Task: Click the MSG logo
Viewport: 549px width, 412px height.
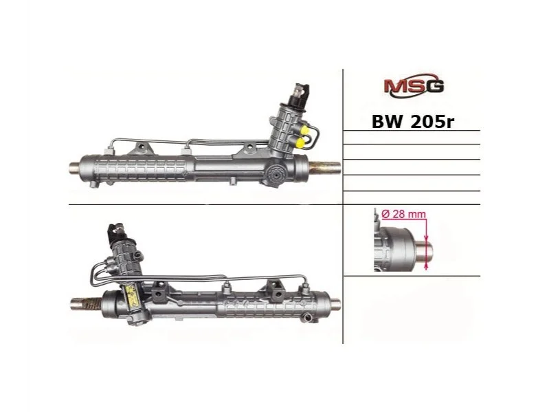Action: [414, 85]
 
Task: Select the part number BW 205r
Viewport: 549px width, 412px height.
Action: [413, 122]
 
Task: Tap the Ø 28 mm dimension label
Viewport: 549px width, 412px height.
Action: [403, 214]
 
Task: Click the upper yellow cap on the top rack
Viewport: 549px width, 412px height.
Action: [304, 130]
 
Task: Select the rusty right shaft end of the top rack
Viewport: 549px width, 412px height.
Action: [325, 167]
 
